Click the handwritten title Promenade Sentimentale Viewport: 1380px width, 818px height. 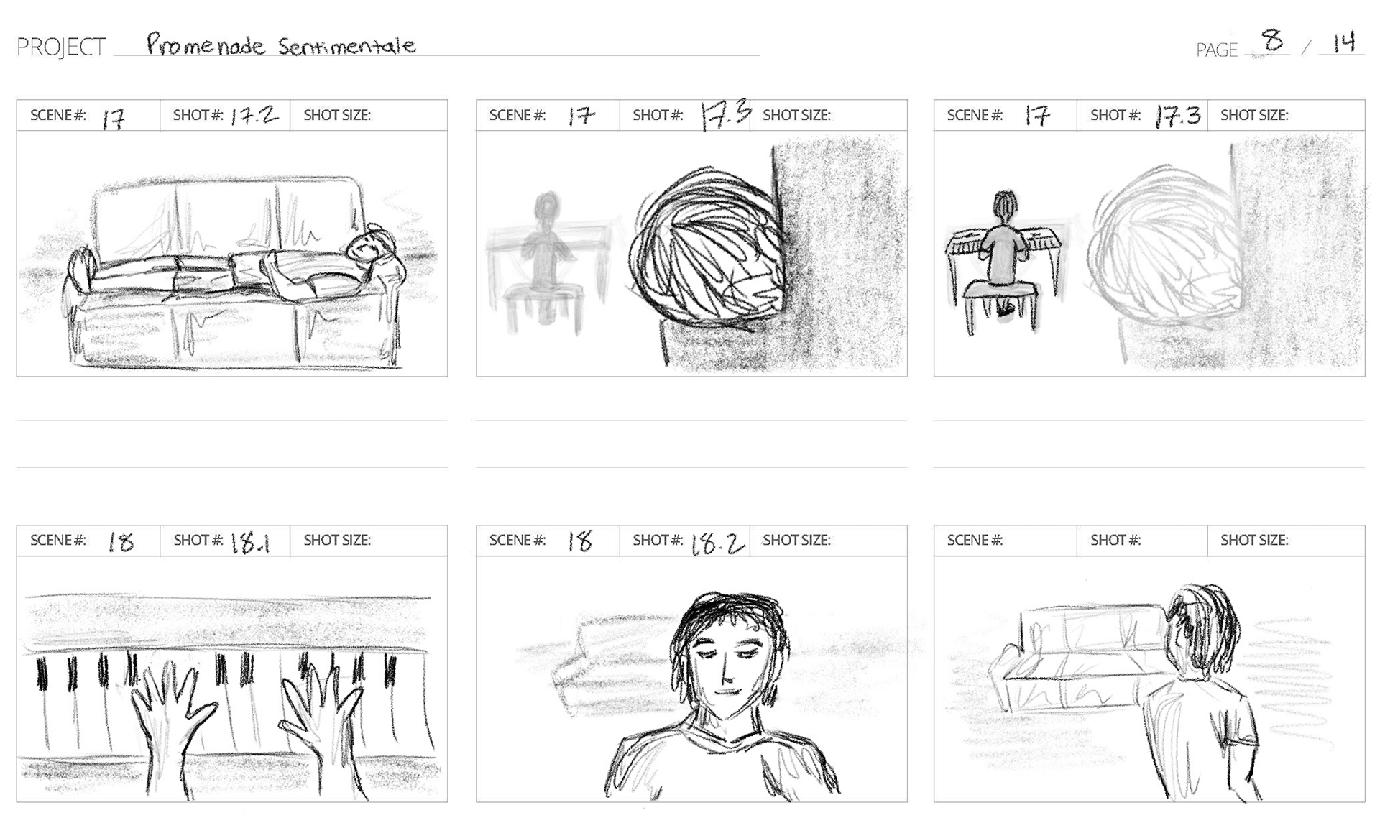(281, 45)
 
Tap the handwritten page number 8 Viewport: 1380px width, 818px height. (1273, 40)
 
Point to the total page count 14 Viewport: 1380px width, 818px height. (1343, 42)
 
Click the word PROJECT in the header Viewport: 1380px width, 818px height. (61, 47)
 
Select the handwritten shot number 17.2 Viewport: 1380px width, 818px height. (254, 116)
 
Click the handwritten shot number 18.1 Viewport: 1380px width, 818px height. (250, 543)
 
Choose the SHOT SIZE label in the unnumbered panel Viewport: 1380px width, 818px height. (1254, 541)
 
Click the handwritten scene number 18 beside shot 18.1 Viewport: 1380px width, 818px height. (121, 541)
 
